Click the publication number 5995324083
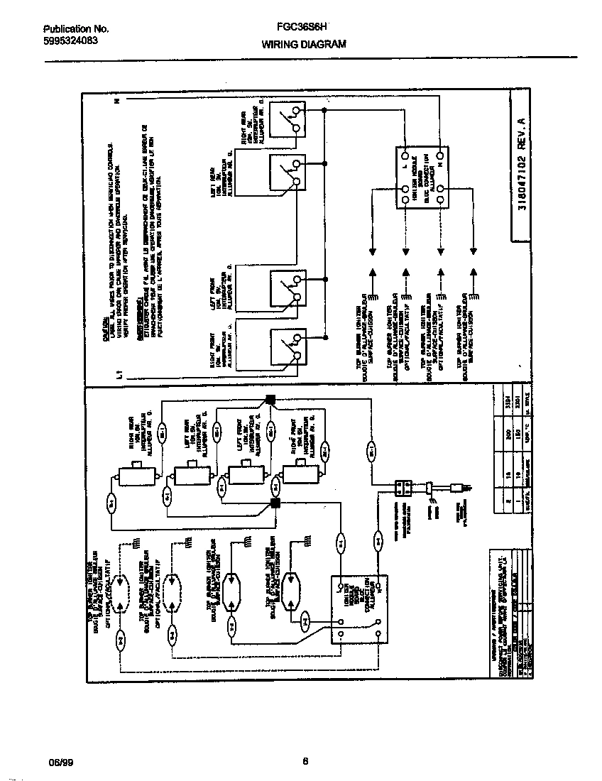point(70,40)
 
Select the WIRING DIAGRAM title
point(304,44)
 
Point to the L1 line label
point(120,373)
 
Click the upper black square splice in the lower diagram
point(270,399)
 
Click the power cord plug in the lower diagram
point(458,488)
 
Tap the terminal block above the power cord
point(403,488)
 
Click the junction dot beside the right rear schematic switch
point(325,110)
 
